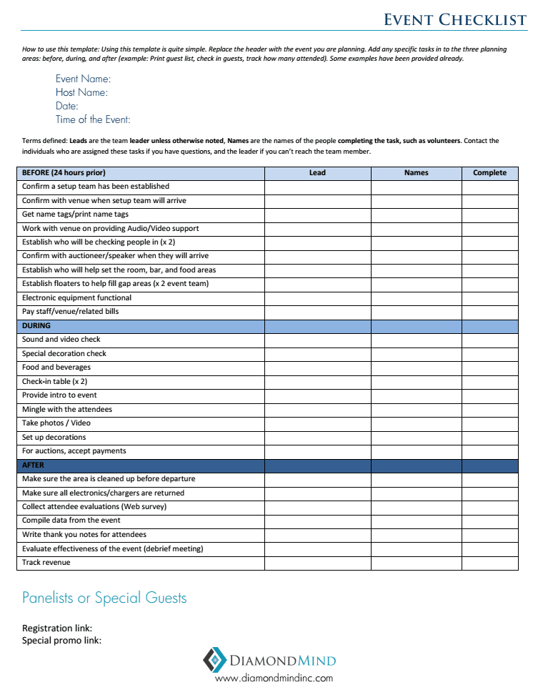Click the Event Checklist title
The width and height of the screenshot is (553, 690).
pos(454,19)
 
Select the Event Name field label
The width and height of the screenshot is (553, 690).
pos(83,79)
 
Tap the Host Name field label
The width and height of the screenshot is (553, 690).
pos(81,92)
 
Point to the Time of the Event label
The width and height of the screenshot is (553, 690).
pos(93,119)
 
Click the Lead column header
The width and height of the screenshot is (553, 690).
pos(317,173)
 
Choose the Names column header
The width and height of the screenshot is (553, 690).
pos(416,173)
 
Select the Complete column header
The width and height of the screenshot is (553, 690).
pos(489,173)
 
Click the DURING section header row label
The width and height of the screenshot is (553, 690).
pos(36,326)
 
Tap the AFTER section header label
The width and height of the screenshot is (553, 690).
pos(33,465)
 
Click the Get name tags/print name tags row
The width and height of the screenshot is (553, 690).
pos(75,215)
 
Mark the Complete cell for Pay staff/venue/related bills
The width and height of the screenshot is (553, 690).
pos(489,312)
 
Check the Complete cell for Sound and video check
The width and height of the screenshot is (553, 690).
pos(489,340)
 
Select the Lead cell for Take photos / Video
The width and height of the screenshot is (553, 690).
pos(317,423)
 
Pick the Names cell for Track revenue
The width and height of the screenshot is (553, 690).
pos(416,563)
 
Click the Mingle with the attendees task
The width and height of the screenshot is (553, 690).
pos(67,410)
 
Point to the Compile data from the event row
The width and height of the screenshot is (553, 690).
pos(71,521)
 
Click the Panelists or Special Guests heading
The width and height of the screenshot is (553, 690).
pos(104,598)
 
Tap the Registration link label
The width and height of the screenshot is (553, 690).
pos(57,629)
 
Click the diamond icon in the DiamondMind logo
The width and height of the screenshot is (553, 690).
pos(214,659)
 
